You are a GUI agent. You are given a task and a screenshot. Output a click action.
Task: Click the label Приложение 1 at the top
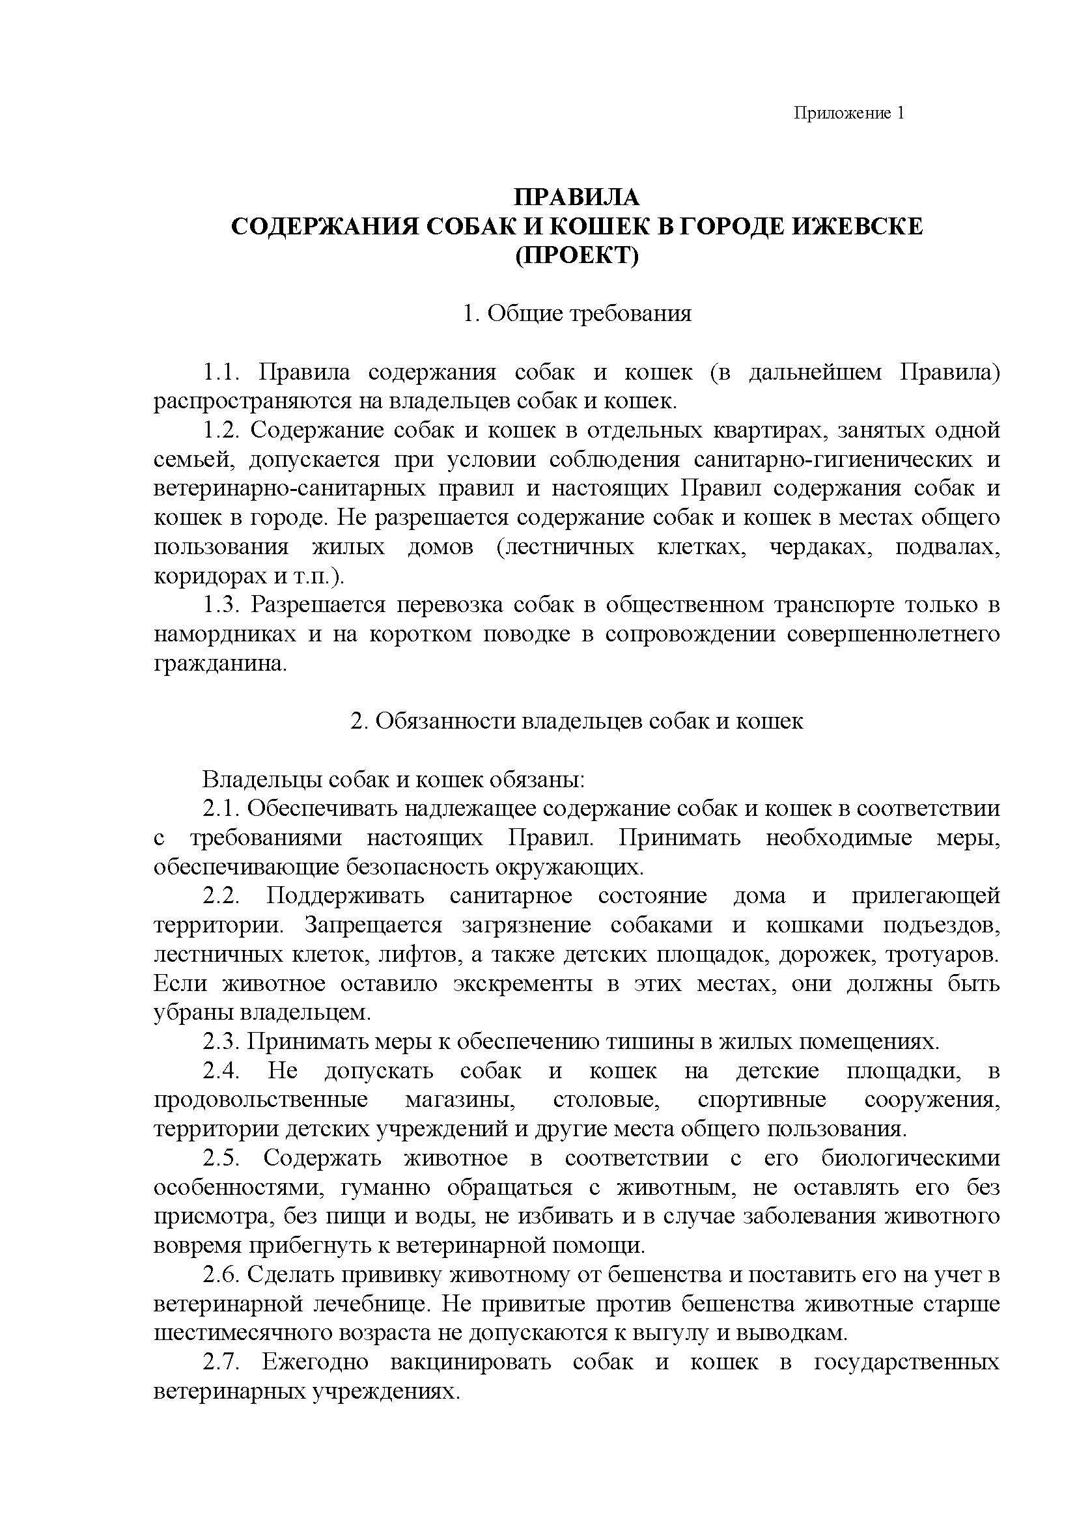(x=849, y=113)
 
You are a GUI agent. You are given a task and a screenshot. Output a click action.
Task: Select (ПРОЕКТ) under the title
(x=577, y=255)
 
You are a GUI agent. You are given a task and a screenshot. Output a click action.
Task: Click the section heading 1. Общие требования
(x=577, y=313)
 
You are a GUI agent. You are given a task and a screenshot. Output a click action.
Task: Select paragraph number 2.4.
(x=221, y=1070)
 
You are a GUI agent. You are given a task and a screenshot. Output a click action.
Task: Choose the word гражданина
(x=220, y=664)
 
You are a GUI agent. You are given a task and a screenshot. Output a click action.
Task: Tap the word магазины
(x=461, y=1100)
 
